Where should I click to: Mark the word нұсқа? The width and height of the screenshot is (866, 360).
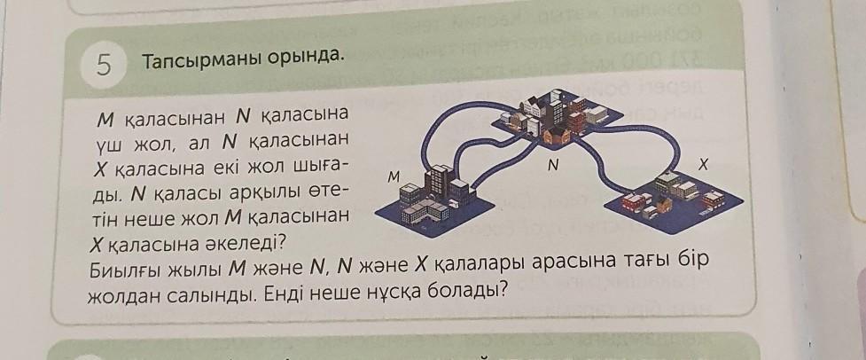(404, 292)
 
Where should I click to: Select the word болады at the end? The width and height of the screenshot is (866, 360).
(474, 291)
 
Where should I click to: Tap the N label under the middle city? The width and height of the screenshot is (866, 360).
(552, 165)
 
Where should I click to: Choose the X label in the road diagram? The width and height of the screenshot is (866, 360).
(703, 164)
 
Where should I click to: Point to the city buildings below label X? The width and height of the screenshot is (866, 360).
(674, 196)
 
